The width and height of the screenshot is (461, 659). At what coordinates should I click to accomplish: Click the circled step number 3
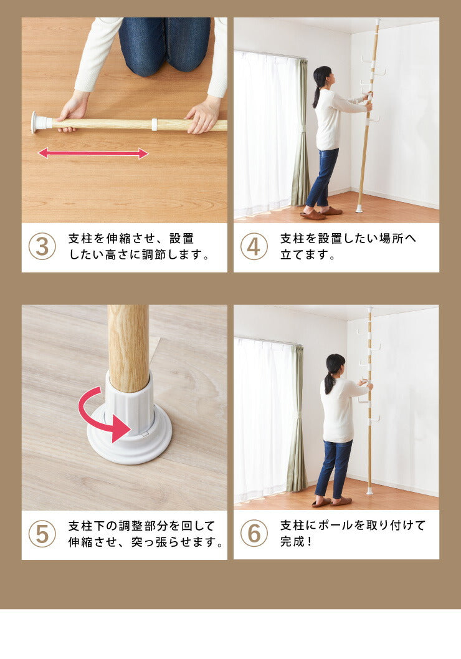(42, 246)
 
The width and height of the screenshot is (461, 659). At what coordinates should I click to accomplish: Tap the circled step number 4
(254, 246)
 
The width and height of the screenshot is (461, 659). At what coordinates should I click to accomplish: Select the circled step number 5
(42, 534)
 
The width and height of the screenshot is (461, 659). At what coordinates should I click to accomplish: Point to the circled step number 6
(254, 533)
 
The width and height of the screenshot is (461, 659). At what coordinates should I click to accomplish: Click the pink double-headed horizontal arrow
(93, 153)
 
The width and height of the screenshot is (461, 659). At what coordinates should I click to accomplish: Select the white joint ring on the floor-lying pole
(154, 125)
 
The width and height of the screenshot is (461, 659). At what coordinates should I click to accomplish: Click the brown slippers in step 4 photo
(321, 213)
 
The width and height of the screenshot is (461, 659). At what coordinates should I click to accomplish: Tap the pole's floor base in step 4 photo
(359, 208)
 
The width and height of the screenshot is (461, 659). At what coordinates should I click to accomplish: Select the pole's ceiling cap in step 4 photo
(378, 21)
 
